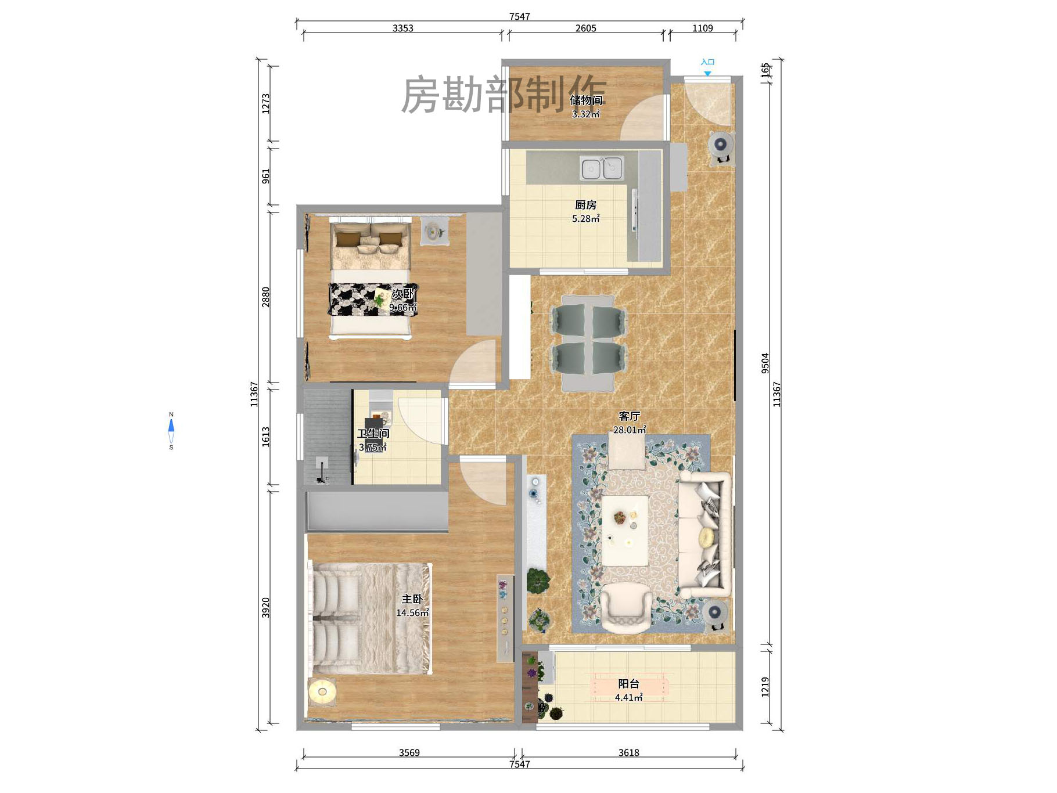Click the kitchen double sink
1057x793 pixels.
(602, 168)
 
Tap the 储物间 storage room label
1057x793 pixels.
(587, 100)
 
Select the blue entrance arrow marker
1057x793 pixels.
(707, 73)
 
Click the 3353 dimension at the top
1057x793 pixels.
(402, 28)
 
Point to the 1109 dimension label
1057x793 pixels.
(702, 28)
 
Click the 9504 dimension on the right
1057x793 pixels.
(765, 363)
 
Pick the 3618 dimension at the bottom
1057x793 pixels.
(628, 752)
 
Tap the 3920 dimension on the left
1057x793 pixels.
(265, 607)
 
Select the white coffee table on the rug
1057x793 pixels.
(625, 530)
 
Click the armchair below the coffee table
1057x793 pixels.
(626, 607)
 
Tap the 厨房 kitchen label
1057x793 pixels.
(585, 205)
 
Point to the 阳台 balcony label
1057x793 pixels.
(628, 684)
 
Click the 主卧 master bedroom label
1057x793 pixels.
(412, 599)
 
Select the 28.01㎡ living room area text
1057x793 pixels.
(630, 430)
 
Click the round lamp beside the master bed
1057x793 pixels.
(322, 691)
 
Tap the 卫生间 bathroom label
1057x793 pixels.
(373, 434)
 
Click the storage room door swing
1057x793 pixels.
(645, 118)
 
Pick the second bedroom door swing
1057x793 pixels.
(473, 364)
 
